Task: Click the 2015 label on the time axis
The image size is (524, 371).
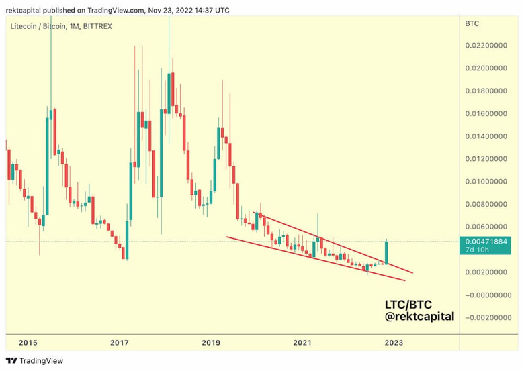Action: [x=28, y=342]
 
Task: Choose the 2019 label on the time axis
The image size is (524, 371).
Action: [x=211, y=342]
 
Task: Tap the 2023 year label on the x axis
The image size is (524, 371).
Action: [x=394, y=342]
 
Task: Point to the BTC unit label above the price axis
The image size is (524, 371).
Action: [x=472, y=24]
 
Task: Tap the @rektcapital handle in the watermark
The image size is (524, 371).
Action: [x=418, y=316]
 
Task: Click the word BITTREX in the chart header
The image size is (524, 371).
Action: [x=97, y=25]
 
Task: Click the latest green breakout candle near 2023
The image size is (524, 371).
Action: [x=386, y=252]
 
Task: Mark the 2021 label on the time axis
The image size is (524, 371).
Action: [x=302, y=342]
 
